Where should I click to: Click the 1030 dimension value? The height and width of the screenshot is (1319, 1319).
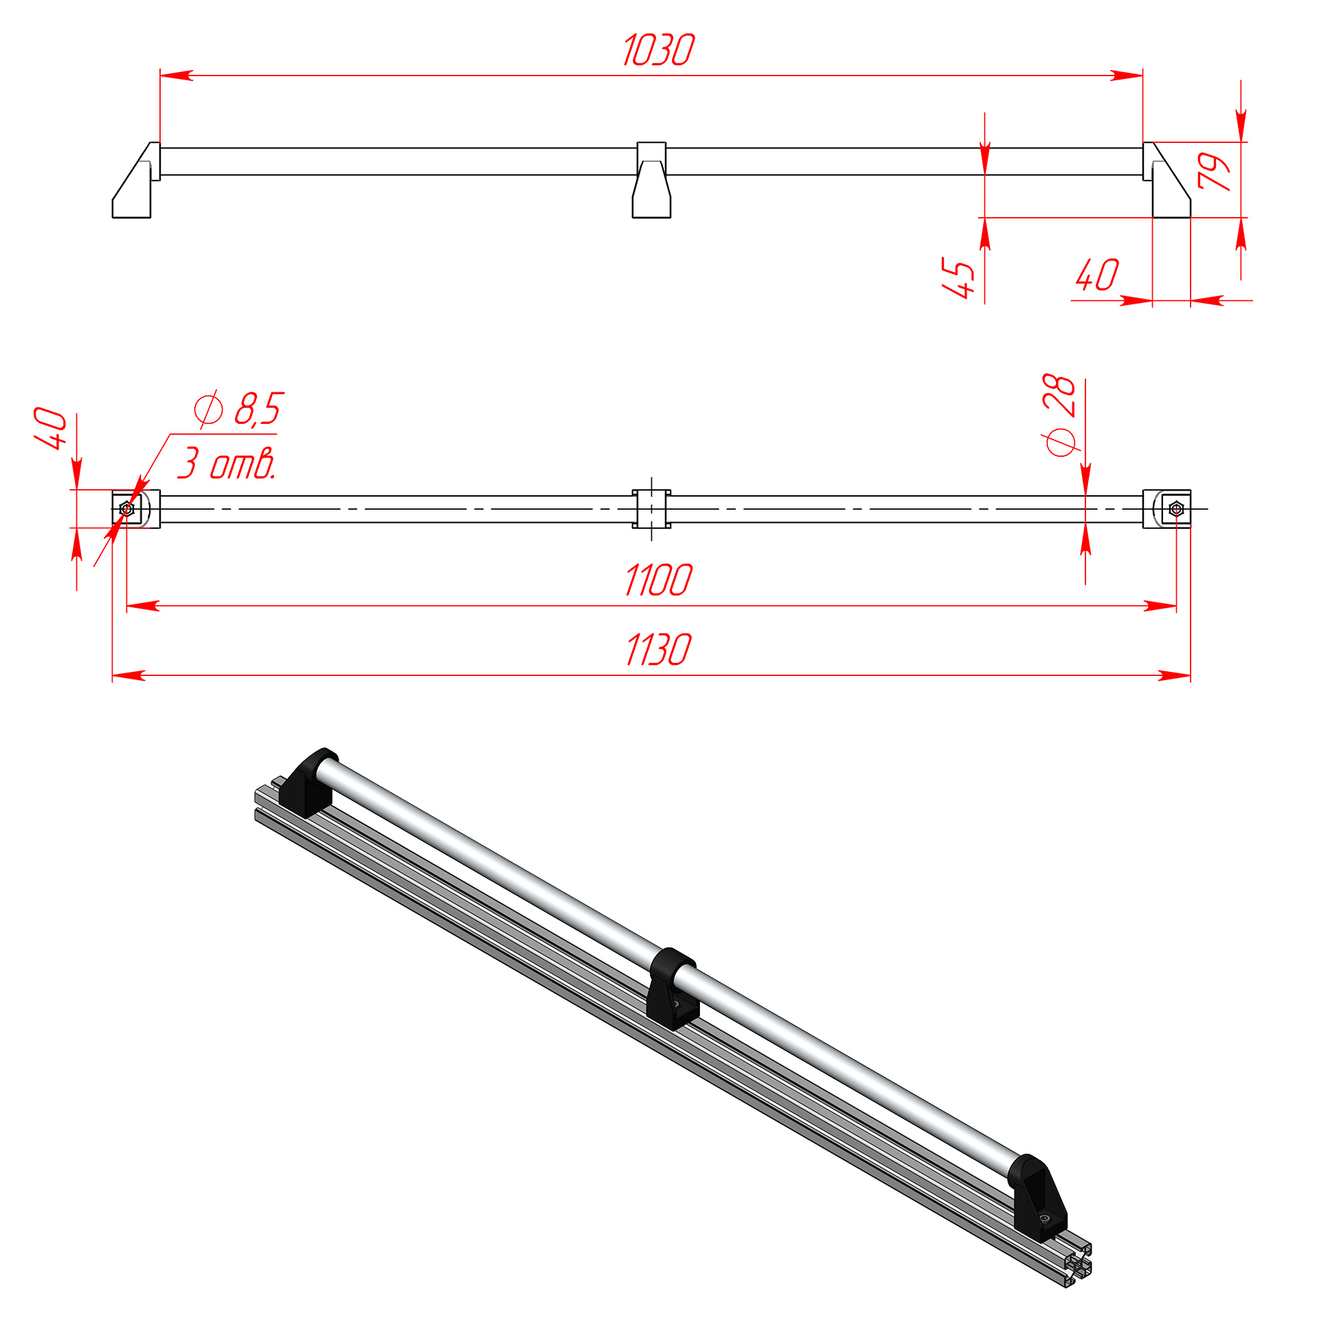click(658, 51)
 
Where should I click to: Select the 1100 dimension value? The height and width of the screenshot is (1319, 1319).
click(658, 580)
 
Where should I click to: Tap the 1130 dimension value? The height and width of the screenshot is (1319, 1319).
click(658, 650)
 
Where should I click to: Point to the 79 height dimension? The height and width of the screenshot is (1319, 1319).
click(1213, 171)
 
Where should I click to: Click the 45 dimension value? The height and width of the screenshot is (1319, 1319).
click(959, 278)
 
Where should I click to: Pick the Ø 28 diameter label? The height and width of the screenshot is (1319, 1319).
click(1060, 415)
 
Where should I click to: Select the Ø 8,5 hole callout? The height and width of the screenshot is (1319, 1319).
click(238, 409)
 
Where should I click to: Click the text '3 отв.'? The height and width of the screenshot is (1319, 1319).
click(227, 463)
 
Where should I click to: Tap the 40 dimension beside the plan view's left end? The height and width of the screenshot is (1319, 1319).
click(51, 429)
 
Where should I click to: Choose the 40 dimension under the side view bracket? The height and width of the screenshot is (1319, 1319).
click(1098, 274)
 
